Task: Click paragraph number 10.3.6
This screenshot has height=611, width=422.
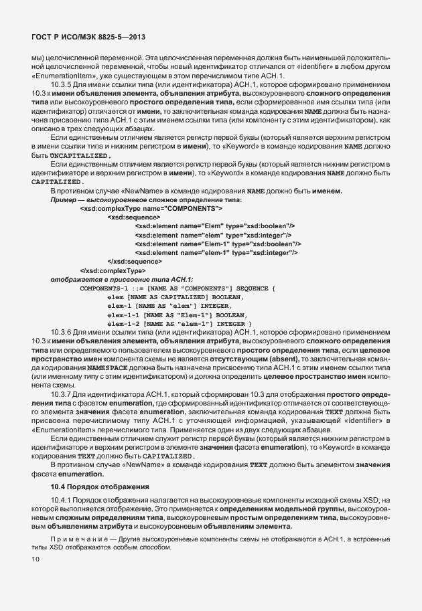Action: [x=62, y=331]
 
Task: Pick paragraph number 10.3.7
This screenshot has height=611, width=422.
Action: [x=62, y=394]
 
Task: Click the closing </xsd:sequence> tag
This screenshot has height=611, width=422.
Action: [x=135, y=261]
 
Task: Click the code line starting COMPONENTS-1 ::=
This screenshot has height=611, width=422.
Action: [x=178, y=288]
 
